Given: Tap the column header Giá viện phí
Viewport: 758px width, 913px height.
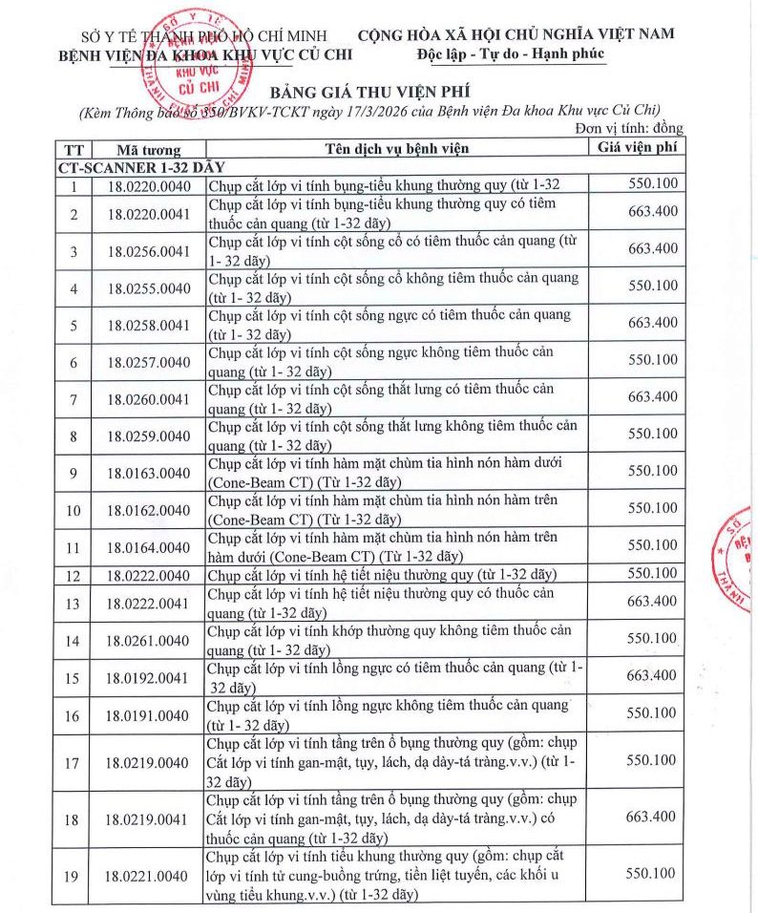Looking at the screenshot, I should point(638,148).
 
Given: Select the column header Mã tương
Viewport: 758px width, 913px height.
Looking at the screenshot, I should point(148,150).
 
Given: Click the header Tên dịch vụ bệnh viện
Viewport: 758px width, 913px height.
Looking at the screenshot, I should point(396,149).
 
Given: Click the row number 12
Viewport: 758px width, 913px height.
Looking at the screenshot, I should point(74,575).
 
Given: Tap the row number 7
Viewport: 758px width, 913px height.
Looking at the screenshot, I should point(74,398).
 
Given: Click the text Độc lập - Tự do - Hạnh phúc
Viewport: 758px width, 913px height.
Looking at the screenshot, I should point(512,54).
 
